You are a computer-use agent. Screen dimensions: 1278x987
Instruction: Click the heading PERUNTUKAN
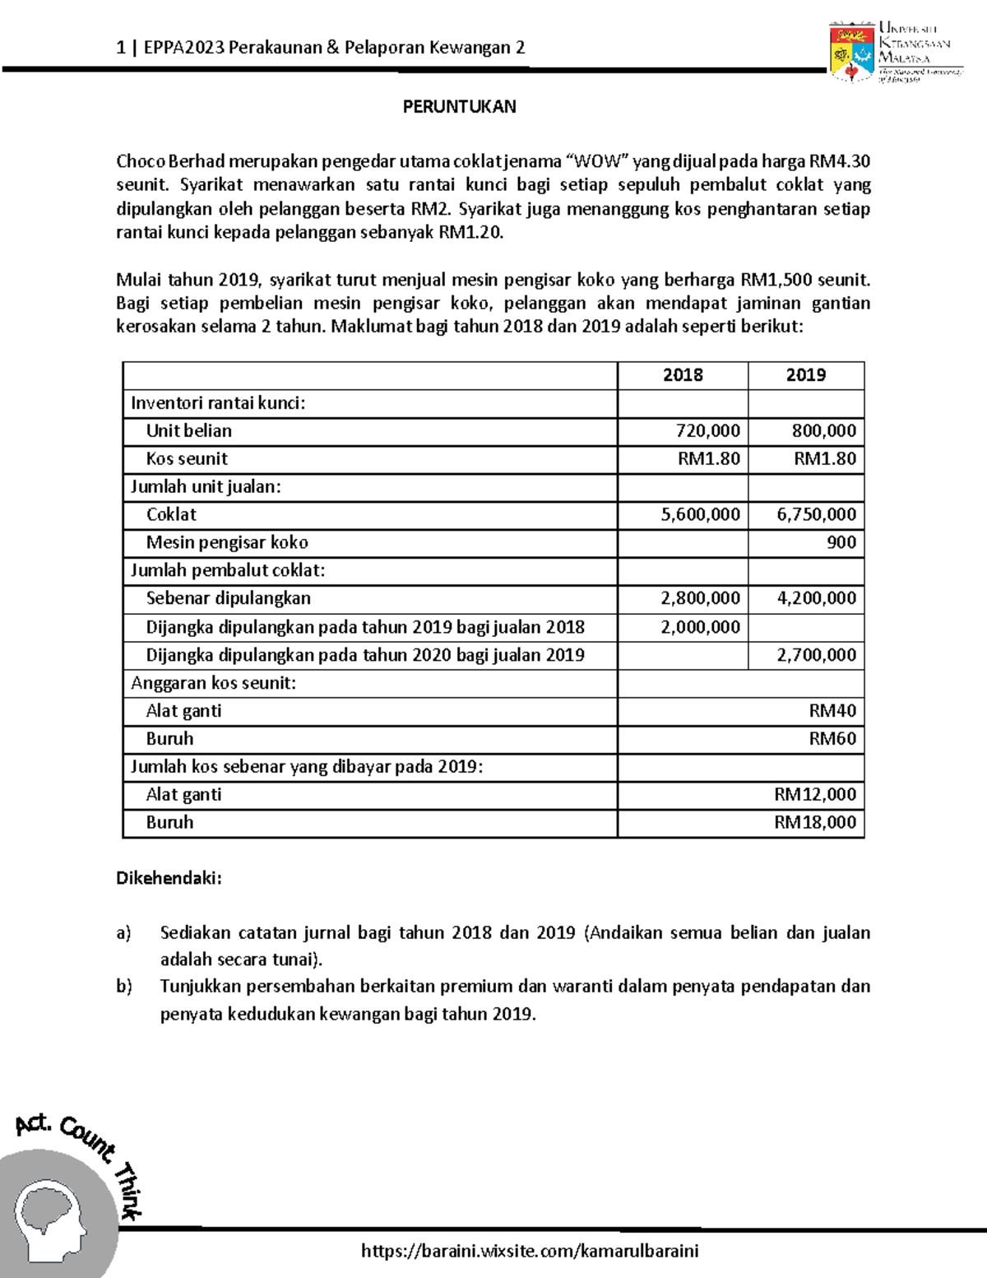[459, 106]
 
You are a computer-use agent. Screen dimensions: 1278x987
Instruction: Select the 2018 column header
[683, 375]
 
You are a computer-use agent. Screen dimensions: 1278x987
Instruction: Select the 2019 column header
[805, 375]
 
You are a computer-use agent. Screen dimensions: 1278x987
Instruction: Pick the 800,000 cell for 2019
[823, 431]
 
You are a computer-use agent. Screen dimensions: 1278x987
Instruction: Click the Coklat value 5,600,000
[700, 515]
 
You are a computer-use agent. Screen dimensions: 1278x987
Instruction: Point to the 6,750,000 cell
[816, 515]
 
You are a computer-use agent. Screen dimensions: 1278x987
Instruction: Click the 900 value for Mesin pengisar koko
[841, 543]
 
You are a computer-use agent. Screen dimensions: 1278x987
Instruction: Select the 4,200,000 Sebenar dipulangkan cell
[816, 599]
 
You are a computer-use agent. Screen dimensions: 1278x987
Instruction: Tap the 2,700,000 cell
[816, 655]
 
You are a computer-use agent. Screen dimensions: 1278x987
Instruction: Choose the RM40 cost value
[832, 711]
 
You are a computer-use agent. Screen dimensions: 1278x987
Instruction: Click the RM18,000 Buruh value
[815, 823]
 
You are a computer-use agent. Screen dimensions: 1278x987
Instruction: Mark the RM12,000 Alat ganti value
[815, 795]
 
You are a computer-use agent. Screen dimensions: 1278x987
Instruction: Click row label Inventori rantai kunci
[218, 403]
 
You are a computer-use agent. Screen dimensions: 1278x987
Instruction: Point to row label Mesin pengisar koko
[227, 543]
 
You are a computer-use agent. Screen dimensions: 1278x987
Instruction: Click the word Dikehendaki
[169, 878]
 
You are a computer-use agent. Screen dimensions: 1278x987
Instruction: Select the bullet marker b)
[124, 987]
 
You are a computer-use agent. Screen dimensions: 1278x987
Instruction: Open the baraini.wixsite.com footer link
[530, 1252]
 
